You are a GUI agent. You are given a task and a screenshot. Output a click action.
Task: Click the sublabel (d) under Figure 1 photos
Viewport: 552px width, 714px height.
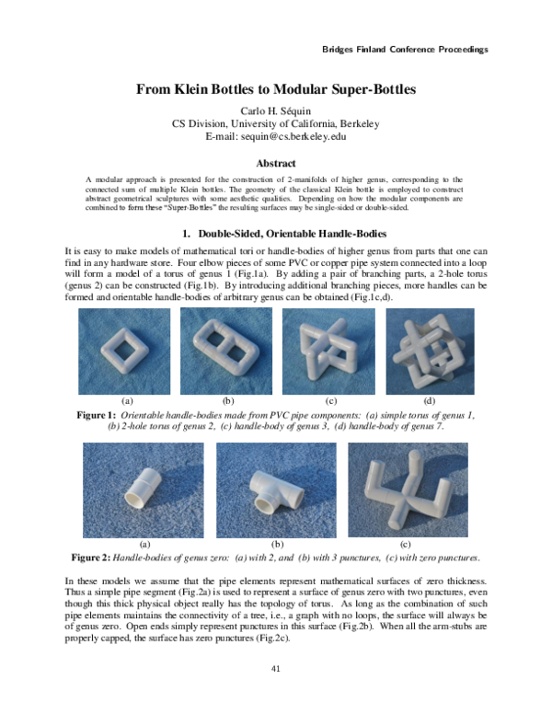click(430, 401)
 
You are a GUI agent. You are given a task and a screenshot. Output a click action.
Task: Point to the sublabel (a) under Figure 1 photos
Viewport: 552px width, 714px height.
click(127, 401)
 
